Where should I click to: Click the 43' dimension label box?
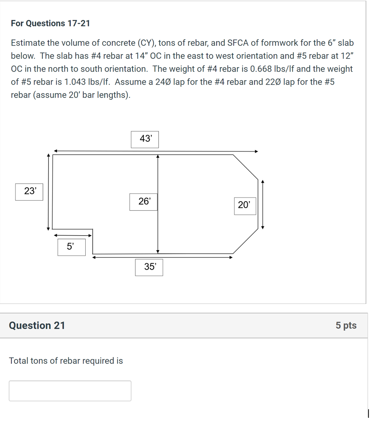click(145, 139)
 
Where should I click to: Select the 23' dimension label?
click(29, 191)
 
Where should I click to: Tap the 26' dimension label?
click(143, 202)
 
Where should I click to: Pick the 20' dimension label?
click(245, 205)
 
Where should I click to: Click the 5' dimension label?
click(71, 247)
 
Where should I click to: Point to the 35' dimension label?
click(149, 267)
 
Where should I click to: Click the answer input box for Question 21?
click(70, 391)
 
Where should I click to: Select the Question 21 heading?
click(37, 325)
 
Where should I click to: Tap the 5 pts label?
click(346, 325)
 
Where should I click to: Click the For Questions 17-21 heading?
click(50, 23)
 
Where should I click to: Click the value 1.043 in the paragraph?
click(67, 82)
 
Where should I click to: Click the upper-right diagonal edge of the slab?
click(245, 167)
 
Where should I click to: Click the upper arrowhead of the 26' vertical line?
click(158, 157)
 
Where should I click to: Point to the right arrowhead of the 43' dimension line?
click(256, 151)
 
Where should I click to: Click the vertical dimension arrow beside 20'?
click(263, 205)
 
